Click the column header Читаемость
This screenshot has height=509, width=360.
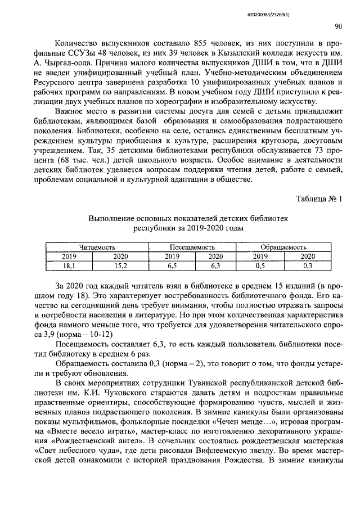tap(97, 247)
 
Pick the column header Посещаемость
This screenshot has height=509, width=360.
tap(192, 247)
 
